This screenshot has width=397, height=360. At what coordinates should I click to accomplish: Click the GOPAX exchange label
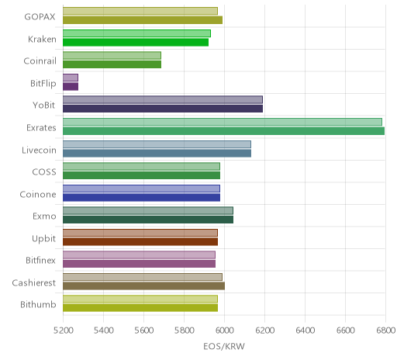40,17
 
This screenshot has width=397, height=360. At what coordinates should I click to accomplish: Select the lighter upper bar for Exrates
223,122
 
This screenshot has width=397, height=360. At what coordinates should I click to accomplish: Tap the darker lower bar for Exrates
223,131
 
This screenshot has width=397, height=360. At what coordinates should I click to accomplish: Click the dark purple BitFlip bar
71,87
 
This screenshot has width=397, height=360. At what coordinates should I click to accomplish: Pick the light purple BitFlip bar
71,78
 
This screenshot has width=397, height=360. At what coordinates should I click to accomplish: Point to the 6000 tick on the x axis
224,331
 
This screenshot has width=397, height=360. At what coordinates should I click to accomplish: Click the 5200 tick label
63,331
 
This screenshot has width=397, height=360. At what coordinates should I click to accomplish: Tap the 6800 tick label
385,331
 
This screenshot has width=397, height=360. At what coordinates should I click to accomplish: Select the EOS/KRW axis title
224,346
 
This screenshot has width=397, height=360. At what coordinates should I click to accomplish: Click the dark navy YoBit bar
163,109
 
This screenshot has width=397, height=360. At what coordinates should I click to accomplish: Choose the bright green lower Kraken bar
136,42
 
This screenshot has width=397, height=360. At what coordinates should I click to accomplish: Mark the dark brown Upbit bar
140,242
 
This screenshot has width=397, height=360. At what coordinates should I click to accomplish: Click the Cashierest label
34,283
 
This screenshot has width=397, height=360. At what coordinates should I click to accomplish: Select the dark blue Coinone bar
141,197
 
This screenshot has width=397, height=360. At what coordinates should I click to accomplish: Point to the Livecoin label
39,150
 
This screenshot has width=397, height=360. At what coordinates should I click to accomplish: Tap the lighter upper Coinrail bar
112,55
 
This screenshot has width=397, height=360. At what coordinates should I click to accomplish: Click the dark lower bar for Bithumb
140,308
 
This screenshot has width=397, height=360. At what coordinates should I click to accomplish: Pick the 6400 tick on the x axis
305,331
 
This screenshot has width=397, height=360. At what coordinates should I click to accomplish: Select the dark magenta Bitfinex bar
139,264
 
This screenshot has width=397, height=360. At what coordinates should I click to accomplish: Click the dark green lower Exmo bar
148,220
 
